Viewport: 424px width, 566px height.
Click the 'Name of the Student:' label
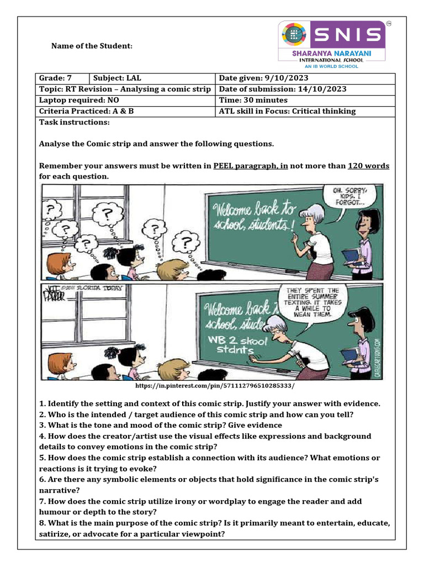point(92,45)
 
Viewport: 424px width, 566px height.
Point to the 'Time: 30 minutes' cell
point(253,100)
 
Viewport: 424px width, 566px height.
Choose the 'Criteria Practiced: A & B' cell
point(87,111)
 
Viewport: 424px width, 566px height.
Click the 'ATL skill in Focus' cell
point(287,111)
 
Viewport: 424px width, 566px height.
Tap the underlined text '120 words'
point(368,166)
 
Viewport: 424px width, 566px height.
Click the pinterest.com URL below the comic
point(215,386)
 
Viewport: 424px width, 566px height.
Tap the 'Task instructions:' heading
point(74,122)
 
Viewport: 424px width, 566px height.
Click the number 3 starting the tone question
point(41,425)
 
